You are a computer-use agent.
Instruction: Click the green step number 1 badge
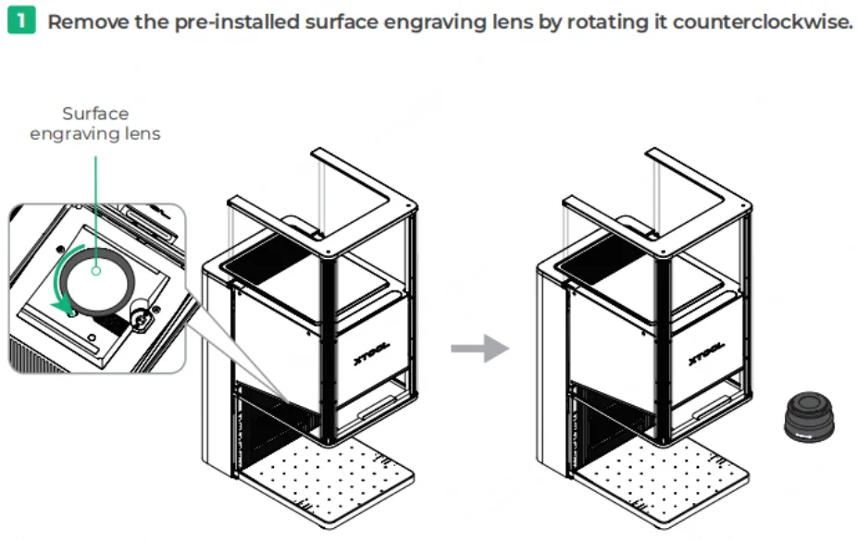(x=21, y=20)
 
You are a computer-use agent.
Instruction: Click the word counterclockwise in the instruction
(x=763, y=22)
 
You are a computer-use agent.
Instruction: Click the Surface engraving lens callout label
(x=95, y=123)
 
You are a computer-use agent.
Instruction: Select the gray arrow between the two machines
(x=480, y=349)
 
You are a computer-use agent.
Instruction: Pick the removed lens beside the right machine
(x=810, y=416)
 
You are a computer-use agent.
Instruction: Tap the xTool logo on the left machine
(x=372, y=352)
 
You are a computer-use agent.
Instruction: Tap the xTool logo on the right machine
(x=707, y=352)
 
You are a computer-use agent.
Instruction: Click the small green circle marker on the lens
(x=96, y=270)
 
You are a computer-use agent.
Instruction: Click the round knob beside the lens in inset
(x=140, y=319)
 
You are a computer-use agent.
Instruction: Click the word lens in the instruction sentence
(x=513, y=22)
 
